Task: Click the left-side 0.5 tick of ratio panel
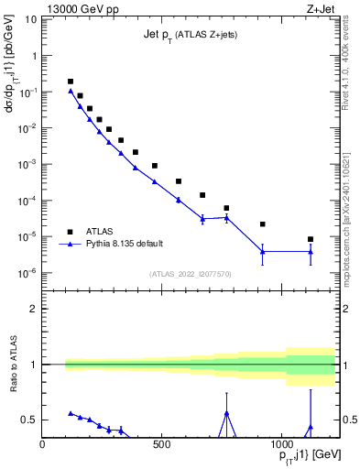pos(28,420)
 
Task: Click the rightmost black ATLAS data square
pos(311,239)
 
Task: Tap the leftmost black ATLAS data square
pos(71,82)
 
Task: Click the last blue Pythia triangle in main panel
pos(311,252)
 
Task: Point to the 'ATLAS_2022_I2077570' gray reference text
pos(190,274)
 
